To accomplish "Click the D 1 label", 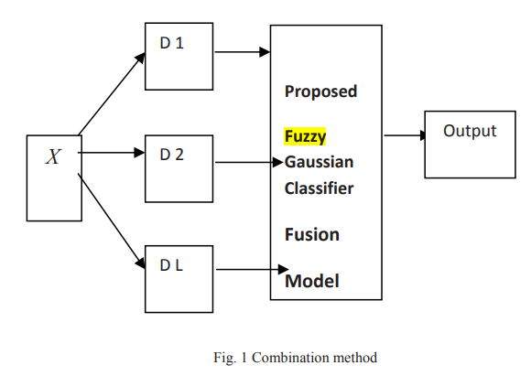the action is tap(172, 43).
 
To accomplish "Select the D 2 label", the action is tap(172, 155).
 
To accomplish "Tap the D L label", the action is tap(171, 265).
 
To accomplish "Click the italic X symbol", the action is tap(53, 156).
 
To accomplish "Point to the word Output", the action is tap(470, 131).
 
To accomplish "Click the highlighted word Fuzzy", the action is tap(305, 136).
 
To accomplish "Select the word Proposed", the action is tap(320, 91).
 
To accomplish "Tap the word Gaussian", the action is tap(319, 162).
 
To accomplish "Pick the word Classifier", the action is tap(319, 188).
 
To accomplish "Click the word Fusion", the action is tap(312, 234).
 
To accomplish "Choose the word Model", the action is tap(312, 281).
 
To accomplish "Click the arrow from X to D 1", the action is tap(112, 93).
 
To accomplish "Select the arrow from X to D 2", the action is tap(112, 153).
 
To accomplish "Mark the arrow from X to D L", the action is tap(112, 221).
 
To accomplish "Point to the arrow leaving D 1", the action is tap(243, 52).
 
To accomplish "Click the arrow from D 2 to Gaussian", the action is tap(249, 163).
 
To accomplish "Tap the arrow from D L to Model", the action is tap(253, 269).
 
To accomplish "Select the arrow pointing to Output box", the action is tap(405, 135).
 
